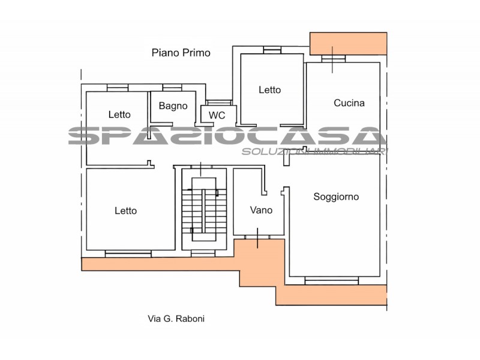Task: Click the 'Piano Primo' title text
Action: point(181,53)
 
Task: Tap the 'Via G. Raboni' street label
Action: point(176,319)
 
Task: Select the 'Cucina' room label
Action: point(349,103)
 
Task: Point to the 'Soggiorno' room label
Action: point(336,197)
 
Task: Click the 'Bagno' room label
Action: point(173,106)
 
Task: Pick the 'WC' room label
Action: point(217,115)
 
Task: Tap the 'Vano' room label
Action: point(261,210)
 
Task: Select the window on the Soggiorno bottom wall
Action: point(332,280)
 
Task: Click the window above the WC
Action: point(219,103)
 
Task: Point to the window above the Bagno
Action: point(172,88)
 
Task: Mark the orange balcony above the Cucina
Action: point(349,44)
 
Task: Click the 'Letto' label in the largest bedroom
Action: point(125,211)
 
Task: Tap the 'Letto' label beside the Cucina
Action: point(269,89)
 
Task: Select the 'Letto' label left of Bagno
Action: point(119,115)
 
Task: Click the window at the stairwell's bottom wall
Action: point(203,253)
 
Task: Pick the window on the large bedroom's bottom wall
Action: point(128,254)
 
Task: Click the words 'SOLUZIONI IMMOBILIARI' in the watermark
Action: point(314,151)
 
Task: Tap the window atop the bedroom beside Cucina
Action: point(272,50)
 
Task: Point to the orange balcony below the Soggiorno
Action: point(331,295)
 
